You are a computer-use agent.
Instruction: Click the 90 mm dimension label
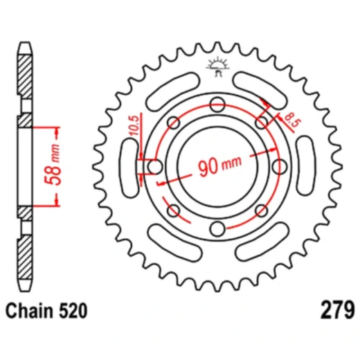click(218, 167)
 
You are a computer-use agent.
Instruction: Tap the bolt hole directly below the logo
click(217, 105)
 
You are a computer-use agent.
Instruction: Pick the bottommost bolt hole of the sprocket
click(217, 230)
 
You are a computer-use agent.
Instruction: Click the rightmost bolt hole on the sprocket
click(279, 167)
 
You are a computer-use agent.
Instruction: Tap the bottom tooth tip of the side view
click(24, 287)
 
